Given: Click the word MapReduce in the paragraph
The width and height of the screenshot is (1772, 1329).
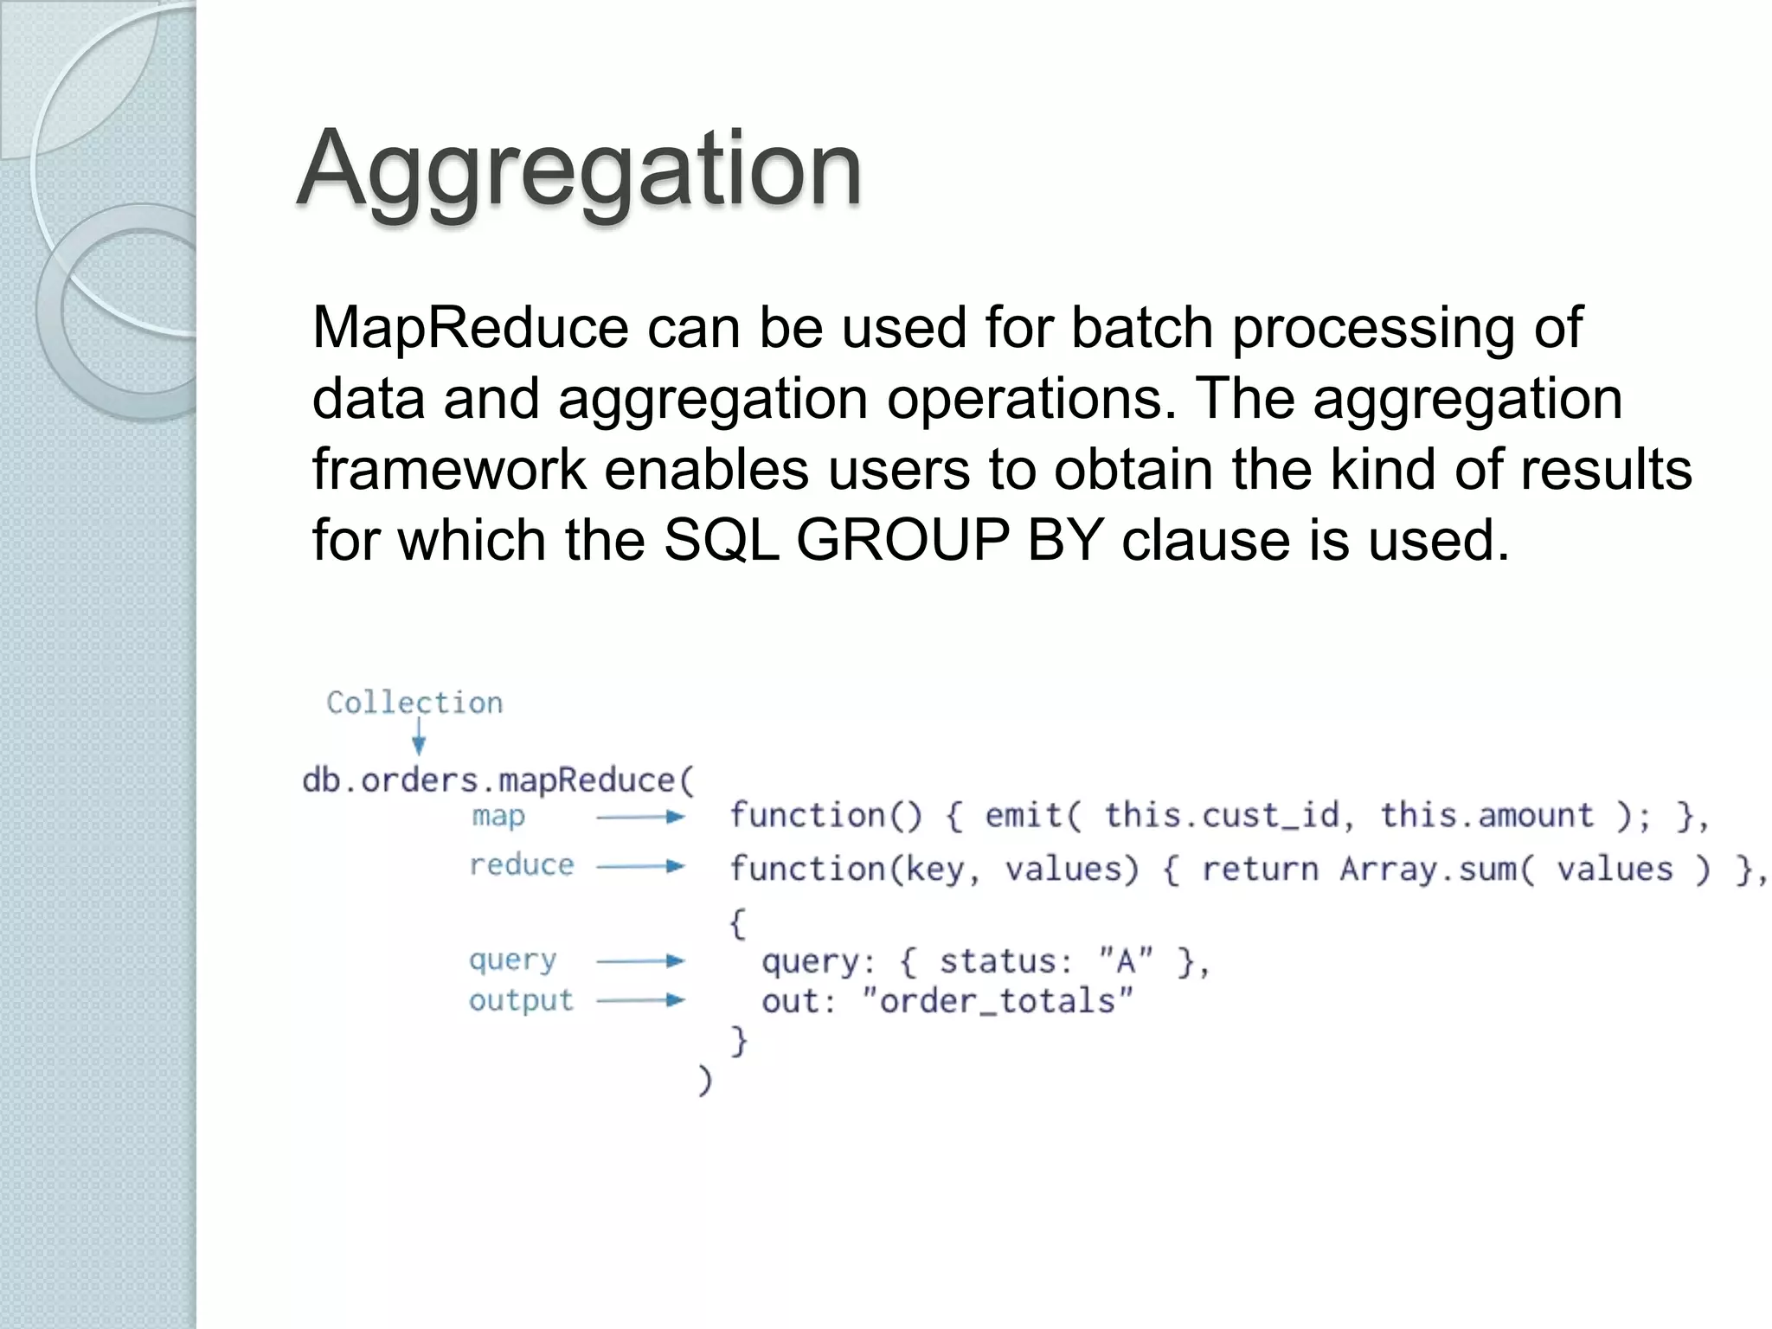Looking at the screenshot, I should tap(470, 328).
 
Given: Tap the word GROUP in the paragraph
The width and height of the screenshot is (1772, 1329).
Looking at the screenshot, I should tap(902, 540).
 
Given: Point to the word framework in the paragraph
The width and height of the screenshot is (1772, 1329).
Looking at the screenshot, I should tap(449, 469).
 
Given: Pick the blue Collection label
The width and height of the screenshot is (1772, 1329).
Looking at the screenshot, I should tap(414, 703).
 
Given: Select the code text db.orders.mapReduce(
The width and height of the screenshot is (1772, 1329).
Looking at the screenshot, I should tap(498, 780).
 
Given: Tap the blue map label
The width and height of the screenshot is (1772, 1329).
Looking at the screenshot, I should tap(498, 816).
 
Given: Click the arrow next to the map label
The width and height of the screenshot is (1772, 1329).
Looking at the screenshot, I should tap(640, 817).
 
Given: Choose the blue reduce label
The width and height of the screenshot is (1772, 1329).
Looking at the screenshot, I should tap(521, 865).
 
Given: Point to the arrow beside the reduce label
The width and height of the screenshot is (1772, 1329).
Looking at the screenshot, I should tap(640, 866).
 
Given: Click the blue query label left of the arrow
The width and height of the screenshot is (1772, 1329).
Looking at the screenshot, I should tap(512, 960).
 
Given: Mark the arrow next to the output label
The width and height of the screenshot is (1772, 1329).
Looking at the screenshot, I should tap(640, 1001).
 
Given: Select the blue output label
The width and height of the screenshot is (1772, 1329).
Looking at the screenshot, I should tap(521, 1001).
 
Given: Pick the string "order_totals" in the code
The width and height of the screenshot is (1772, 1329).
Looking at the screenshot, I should tap(998, 1002).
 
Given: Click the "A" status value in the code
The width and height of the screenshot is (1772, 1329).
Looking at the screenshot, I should tap(1126, 961).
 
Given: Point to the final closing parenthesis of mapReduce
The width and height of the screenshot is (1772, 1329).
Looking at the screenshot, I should tap(705, 1082).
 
